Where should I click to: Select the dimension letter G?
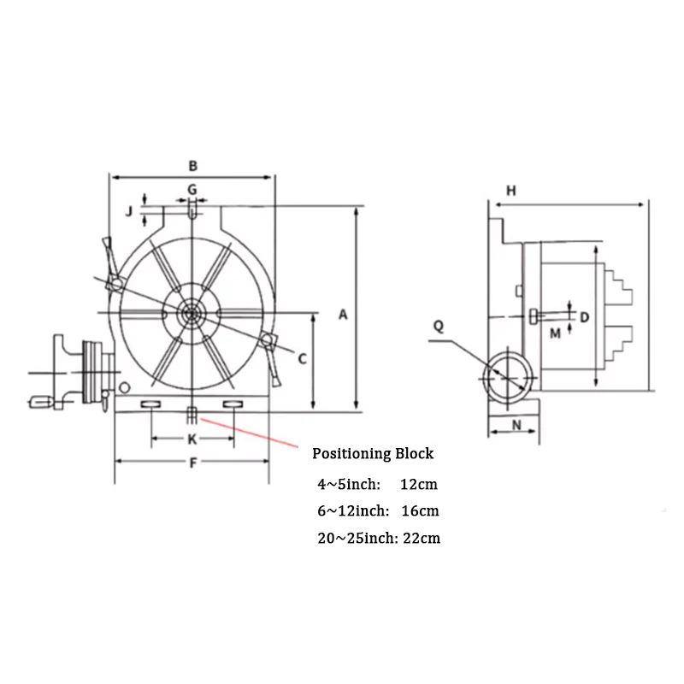pyautogui.click(x=192, y=188)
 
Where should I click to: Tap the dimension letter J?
pyautogui.click(x=128, y=211)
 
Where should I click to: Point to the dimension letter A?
pyautogui.click(x=343, y=315)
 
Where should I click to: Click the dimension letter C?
pyautogui.click(x=301, y=360)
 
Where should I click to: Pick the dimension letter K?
pyautogui.click(x=192, y=439)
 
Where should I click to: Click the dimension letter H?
pyautogui.click(x=510, y=191)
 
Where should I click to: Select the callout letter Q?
pyautogui.click(x=439, y=326)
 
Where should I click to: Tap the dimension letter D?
pyautogui.click(x=585, y=317)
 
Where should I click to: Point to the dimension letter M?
pyautogui.click(x=555, y=333)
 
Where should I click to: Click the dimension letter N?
pyautogui.click(x=516, y=425)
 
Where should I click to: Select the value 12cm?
pyautogui.click(x=418, y=484)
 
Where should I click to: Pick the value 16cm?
pyautogui.click(x=420, y=511)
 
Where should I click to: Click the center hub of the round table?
pyautogui.click(x=191, y=314)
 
